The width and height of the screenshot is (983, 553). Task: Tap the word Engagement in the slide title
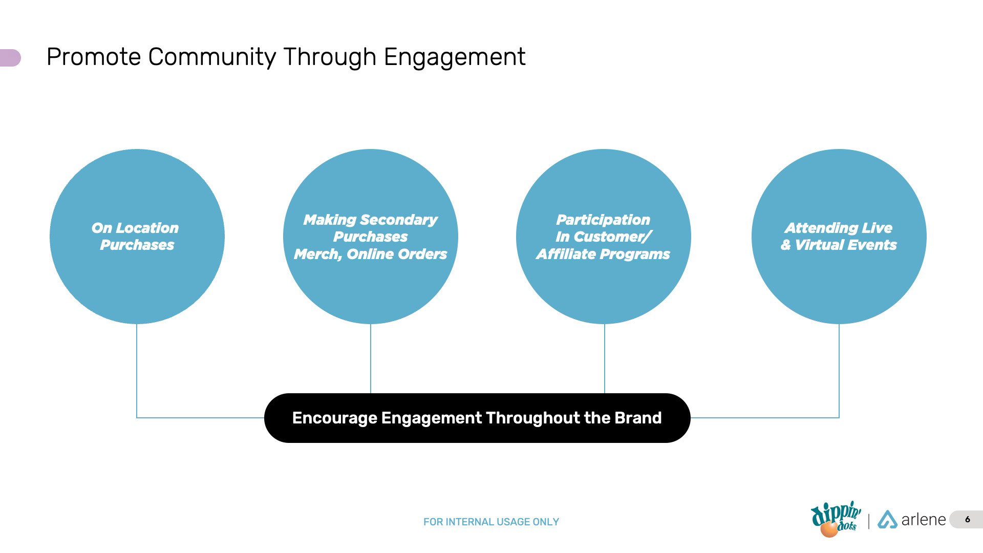[x=454, y=57]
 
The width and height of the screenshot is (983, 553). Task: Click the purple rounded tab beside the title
[x=10, y=58]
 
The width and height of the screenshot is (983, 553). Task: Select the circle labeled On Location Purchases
[x=137, y=287]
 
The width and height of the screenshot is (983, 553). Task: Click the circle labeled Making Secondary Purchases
[x=370, y=292]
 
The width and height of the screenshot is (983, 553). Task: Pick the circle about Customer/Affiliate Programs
[x=603, y=292]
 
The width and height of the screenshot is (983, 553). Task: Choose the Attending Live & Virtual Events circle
[x=839, y=287]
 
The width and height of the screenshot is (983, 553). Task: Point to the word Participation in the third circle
[x=603, y=220]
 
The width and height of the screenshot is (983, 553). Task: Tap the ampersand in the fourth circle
[x=785, y=245]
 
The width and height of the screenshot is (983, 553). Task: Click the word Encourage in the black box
[x=334, y=418]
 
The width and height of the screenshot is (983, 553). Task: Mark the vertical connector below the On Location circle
[x=137, y=369]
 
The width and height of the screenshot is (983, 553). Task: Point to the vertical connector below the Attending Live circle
[x=839, y=369]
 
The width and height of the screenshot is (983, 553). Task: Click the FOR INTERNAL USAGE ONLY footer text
[x=491, y=522]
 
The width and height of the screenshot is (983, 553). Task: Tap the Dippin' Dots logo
[x=835, y=519]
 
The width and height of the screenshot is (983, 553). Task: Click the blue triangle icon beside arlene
[x=887, y=520]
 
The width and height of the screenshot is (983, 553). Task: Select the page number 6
[x=967, y=519]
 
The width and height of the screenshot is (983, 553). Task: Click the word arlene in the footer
[x=923, y=520]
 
